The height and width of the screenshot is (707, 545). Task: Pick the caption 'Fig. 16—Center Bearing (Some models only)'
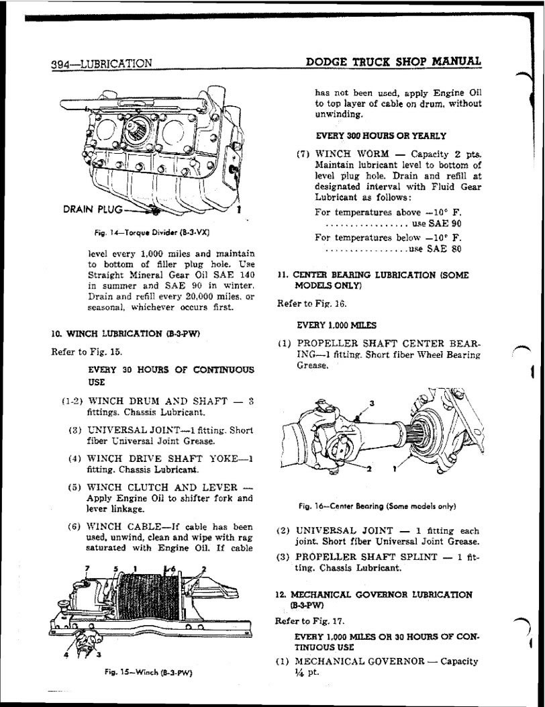click(382, 506)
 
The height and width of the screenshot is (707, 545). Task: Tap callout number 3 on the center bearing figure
click(372, 403)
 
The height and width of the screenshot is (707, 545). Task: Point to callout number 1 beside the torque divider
click(240, 209)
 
